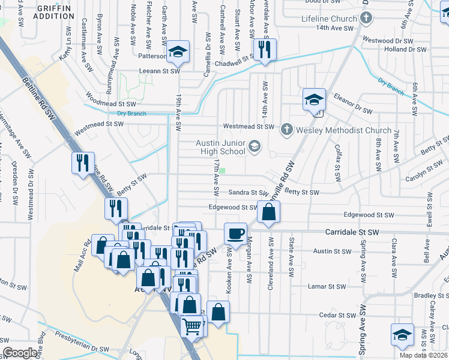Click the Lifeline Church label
click(x=328, y=19)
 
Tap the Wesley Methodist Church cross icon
click(x=287, y=128)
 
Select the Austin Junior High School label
click(x=221, y=147)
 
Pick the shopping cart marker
click(x=192, y=327)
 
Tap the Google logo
click(x=20, y=353)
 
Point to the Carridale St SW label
click(x=352, y=232)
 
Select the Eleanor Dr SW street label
click(x=354, y=110)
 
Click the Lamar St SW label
click(x=327, y=287)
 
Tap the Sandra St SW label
click(x=248, y=193)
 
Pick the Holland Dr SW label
click(x=405, y=49)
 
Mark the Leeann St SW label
click(x=159, y=71)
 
